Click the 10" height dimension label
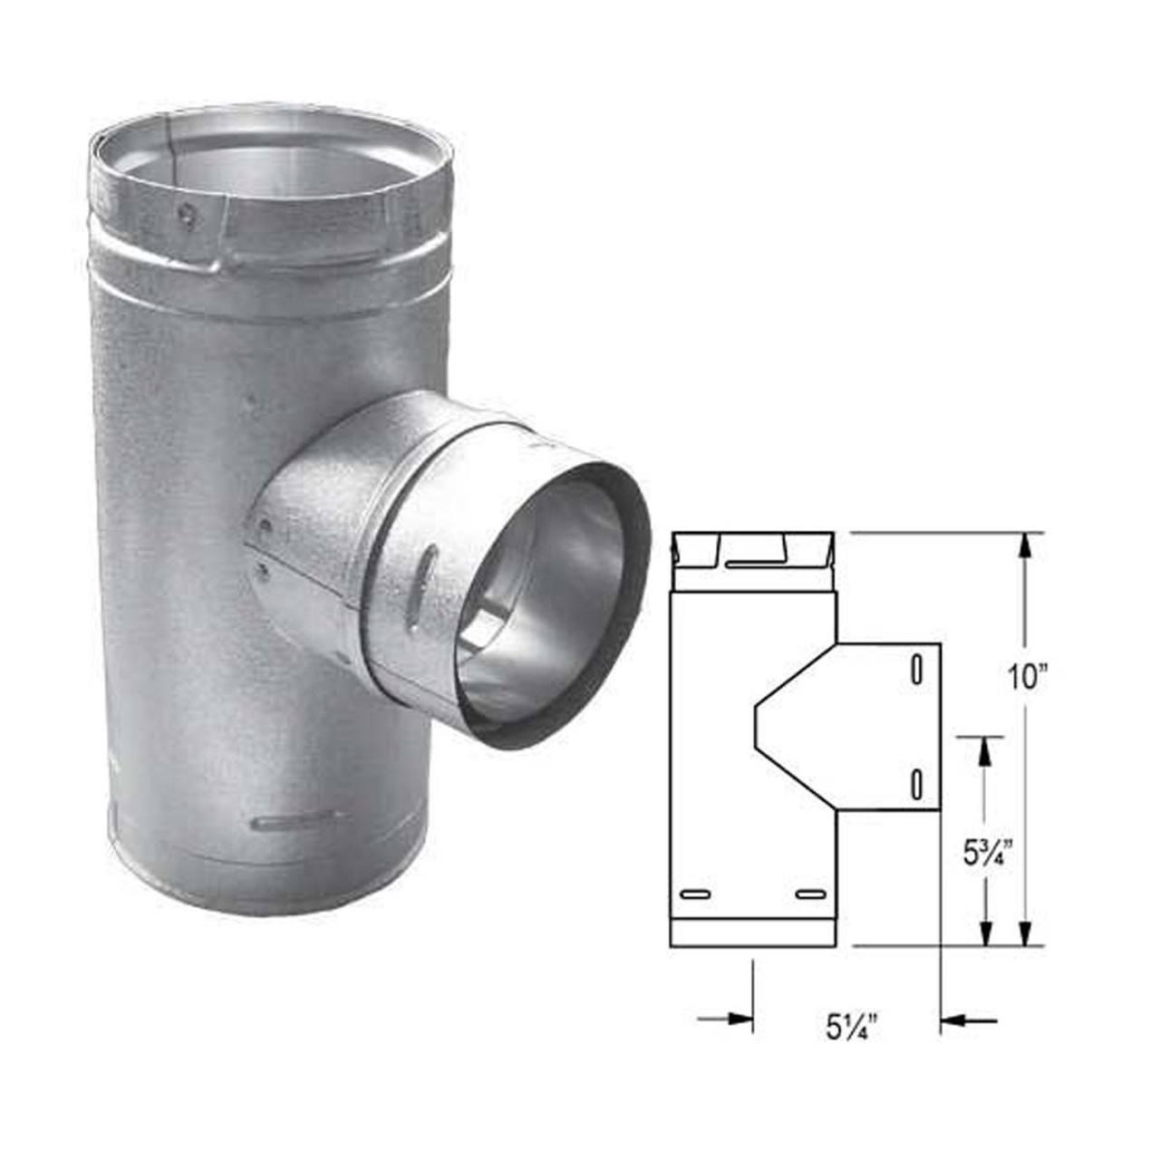point(1027,678)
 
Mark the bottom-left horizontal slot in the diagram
point(694,894)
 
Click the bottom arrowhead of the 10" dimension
point(1025,933)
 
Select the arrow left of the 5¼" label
point(734,1020)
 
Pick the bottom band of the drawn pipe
point(752,933)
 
